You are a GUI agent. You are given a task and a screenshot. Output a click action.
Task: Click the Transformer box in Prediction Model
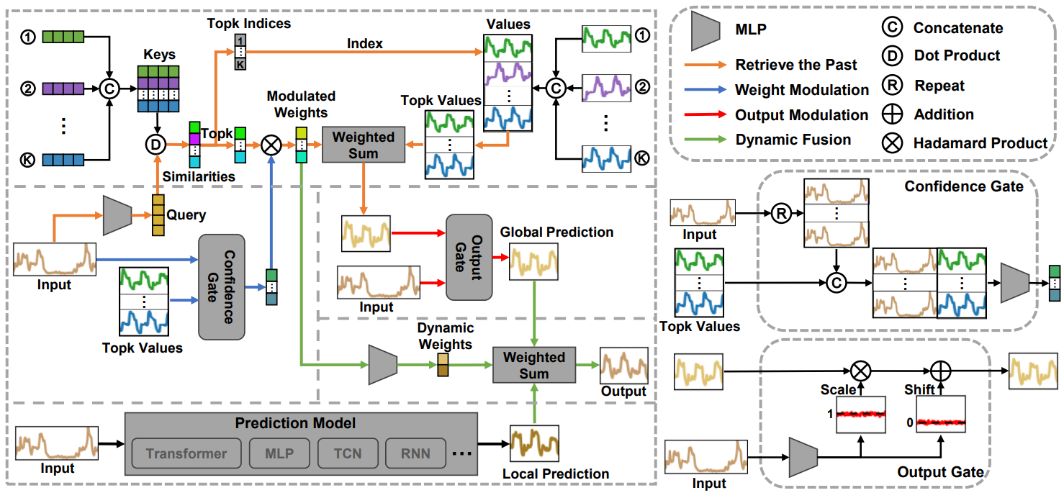[186, 453]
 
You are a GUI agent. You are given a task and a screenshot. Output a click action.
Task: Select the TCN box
[348, 453]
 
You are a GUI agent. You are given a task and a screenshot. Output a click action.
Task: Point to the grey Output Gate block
[469, 257]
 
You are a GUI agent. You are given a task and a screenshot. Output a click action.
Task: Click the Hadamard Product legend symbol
[893, 142]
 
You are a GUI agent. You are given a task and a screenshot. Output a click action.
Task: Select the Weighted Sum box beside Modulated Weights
[364, 144]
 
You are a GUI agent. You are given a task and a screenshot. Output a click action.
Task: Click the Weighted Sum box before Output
[534, 365]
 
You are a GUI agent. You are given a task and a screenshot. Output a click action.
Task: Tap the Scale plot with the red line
[860, 415]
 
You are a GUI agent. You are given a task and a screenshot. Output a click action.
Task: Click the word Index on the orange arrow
[365, 44]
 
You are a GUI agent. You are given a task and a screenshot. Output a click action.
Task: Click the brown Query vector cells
[156, 215]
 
